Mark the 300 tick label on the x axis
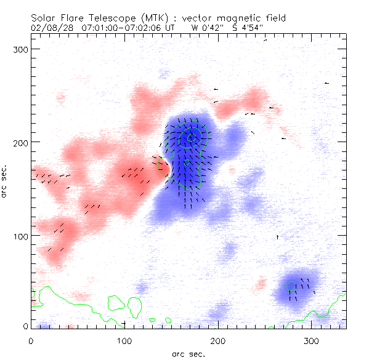click(312, 341)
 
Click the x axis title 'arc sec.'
click(188, 353)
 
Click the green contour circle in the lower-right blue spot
click(292, 286)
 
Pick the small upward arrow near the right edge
click(277, 236)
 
